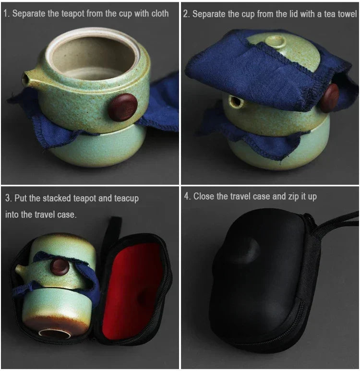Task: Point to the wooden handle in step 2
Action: point(329,97)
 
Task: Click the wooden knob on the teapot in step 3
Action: point(60,266)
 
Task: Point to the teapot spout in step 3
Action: point(21,270)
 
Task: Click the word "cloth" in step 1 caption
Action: point(160,13)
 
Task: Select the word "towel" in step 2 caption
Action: point(348,14)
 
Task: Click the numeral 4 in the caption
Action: point(187,196)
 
